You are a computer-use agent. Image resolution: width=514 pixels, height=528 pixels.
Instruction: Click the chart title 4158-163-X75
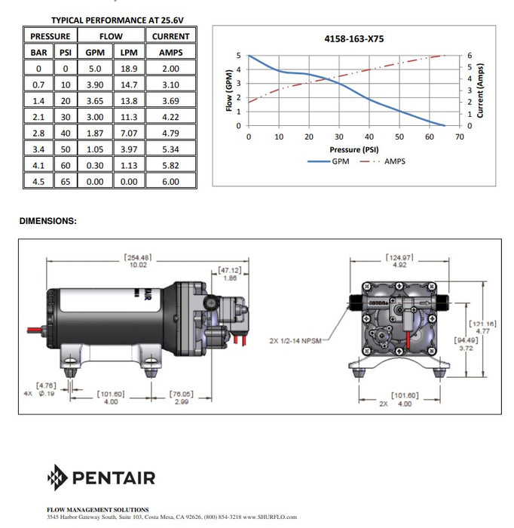[354, 38]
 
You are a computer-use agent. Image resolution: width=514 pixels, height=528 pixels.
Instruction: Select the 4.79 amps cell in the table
[170, 133]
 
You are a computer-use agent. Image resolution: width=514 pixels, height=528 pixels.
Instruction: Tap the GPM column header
[95, 53]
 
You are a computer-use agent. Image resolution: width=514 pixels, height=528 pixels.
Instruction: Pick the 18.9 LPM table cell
[129, 69]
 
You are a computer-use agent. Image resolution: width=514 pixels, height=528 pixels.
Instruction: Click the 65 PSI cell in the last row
[66, 182]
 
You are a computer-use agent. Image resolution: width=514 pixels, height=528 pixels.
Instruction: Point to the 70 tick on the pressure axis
[459, 137]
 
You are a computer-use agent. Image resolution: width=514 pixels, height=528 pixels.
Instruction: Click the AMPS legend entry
[383, 161]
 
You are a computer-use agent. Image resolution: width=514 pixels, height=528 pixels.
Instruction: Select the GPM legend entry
[329, 161]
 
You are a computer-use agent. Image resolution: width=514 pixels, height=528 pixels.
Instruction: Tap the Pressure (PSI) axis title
[354, 149]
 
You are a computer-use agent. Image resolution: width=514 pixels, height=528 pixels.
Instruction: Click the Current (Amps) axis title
[480, 91]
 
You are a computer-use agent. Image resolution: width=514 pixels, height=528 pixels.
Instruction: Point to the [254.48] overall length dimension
[138, 258]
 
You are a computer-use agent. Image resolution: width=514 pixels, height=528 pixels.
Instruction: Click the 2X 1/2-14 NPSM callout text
[295, 341]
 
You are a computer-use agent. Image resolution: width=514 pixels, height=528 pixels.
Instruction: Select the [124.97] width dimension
[399, 258]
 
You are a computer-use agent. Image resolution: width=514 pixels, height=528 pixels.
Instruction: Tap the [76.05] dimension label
[182, 394]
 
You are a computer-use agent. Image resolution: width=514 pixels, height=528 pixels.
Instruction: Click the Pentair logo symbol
[57, 477]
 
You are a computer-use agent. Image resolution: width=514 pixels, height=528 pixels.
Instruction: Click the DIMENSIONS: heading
[48, 221]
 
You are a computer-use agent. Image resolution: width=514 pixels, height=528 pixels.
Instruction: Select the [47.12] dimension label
[230, 270]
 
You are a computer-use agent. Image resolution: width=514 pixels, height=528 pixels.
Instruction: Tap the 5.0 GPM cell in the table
[95, 69]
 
